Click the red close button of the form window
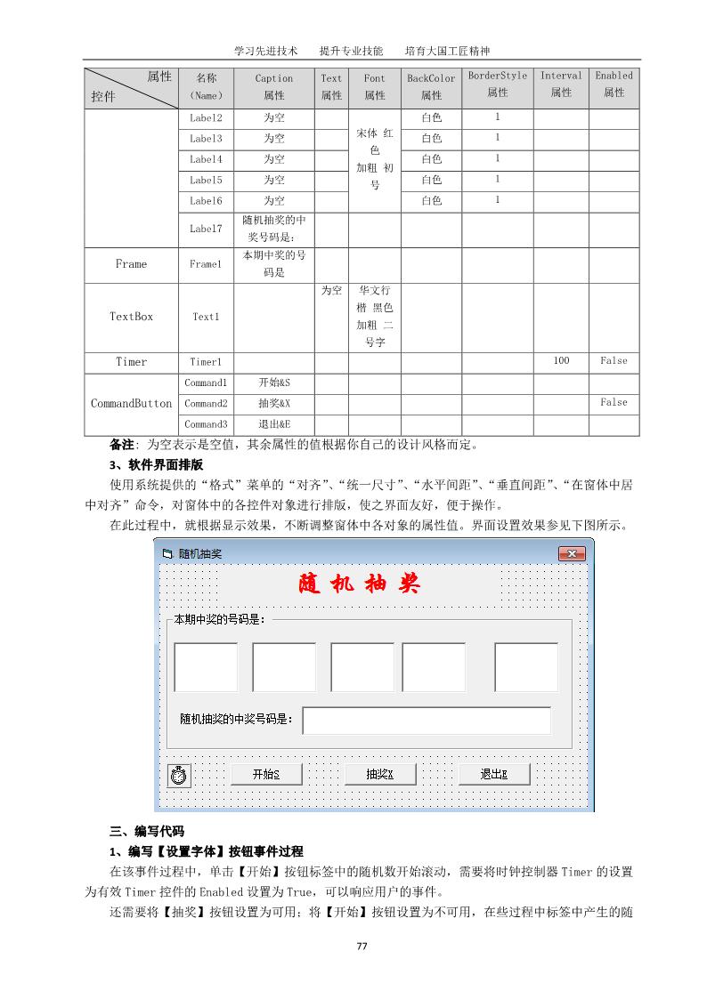tap(572, 554)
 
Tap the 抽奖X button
tap(380, 774)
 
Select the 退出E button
tap(494, 774)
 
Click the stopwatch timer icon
tap(179, 776)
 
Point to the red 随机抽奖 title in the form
tap(359, 584)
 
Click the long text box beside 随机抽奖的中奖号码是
tap(427, 721)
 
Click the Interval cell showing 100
tap(561, 361)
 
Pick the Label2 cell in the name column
tap(206, 117)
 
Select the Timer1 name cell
tap(206, 362)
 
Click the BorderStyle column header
tap(498, 85)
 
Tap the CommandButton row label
tap(132, 404)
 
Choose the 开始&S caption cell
tap(274, 383)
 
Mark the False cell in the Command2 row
tap(614, 403)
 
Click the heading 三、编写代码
tap(147, 832)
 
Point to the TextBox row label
tap(132, 317)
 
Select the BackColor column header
tap(431, 86)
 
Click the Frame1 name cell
tap(206, 265)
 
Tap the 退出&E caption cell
tap(274, 424)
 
